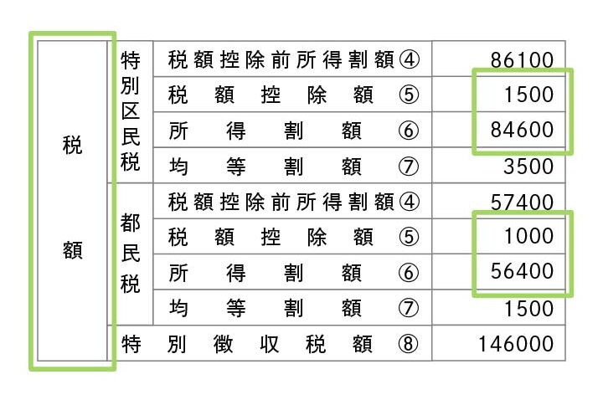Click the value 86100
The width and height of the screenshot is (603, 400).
tap(523, 59)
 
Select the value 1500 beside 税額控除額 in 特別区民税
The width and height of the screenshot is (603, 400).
tap(529, 95)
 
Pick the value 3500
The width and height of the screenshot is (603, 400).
tap(529, 166)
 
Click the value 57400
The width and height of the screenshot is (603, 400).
tap(523, 202)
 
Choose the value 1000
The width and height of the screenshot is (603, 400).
tap(529, 237)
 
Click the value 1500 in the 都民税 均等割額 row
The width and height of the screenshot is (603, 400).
tap(529, 308)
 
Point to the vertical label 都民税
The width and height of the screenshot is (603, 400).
tap(130, 255)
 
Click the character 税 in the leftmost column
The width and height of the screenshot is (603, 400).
tap(73, 144)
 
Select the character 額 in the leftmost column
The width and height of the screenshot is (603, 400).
tap(73, 250)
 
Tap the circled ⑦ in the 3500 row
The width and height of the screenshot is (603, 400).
tap(408, 166)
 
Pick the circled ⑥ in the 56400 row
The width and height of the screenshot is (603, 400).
tap(408, 272)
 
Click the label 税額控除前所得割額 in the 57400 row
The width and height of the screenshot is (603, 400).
tap(281, 202)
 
